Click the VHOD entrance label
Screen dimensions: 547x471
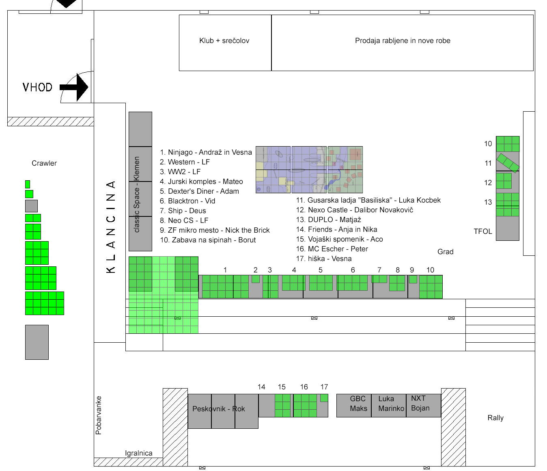38,87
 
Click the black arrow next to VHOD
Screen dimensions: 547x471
74,87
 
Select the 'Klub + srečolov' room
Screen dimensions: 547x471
225,43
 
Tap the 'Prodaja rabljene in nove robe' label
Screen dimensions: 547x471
403,41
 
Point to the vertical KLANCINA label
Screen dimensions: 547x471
111,227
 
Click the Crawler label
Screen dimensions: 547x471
44,163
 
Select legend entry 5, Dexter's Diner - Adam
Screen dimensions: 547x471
199,191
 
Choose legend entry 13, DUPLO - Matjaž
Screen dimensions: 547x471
328,220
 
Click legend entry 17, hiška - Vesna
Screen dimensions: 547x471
324,258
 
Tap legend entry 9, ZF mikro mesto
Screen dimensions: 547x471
215,230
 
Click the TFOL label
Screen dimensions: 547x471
483,231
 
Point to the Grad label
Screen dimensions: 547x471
446,251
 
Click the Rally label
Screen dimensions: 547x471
495,418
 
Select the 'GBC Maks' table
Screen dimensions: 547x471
354,406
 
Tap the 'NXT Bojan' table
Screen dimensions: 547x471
423,406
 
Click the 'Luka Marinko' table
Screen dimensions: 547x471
389,406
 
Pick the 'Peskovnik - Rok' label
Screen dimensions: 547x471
219,409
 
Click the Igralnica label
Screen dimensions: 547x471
139,453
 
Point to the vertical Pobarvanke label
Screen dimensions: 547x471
99,415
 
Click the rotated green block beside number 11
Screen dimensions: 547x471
508,163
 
